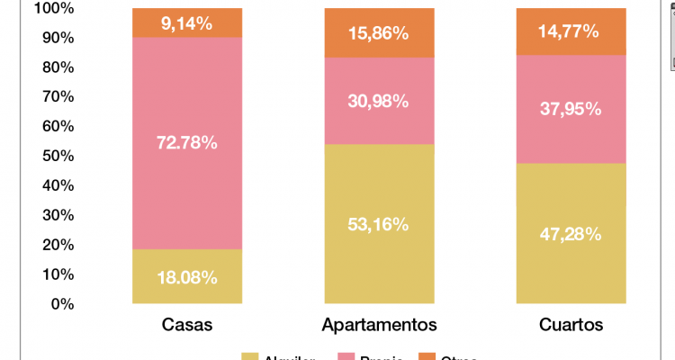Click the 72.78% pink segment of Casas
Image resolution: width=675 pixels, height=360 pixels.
pyautogui.click(x=187, y=143)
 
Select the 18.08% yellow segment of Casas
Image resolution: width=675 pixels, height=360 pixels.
pyautogui.click(x=187, y=276)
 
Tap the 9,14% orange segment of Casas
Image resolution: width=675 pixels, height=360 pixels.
pyautogui.click(x=187, y=22)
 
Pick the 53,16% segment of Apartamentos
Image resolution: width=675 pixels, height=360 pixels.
pyautogui.click(x=379, y=223)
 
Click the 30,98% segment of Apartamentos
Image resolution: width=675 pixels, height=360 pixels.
pyautogui.click(x=379, y=101)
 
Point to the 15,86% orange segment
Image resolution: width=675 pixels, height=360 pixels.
pyautogui.click(x=379, y=32)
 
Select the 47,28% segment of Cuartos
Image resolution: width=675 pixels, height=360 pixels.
pyautogui.click(x=571, y=233)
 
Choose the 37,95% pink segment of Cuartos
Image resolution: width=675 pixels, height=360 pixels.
pyautogui.click(x=571, y=109)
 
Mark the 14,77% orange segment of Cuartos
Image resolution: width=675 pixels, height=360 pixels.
pyautogui.click(x=571, y=31)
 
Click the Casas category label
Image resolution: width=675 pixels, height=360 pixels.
pyautogui.click(x=187, y=324)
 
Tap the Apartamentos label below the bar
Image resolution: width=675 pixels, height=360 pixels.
pyautogui.click(x=379, y=324)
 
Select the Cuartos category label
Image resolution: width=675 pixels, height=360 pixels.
pyautogui.click(x=571, y=324)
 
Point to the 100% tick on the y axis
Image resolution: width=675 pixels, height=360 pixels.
pyautogui.click(x=54, y=9)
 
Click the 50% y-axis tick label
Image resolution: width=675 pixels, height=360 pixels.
pyautogui.click(x=58, y=157)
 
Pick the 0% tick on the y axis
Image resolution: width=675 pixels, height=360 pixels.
pyautogui.click(x=61, y=304)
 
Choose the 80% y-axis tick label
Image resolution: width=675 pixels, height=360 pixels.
pyautogui.click(x=58, y=67)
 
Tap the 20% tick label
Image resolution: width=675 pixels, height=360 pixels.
pyautogui.click(x=58, y=245)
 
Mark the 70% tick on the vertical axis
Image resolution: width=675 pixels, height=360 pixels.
pyautogui.click(x=58, y=97)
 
